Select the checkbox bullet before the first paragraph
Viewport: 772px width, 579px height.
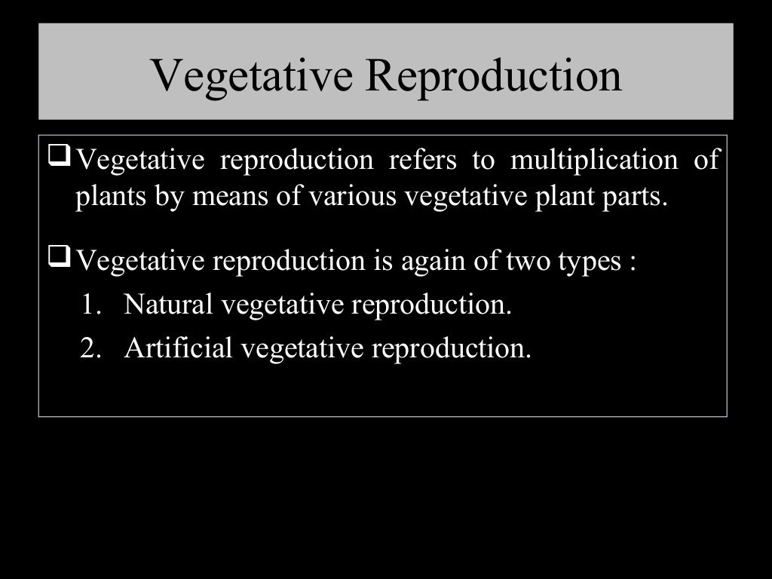pyautogui.click(x=60, y=158)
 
